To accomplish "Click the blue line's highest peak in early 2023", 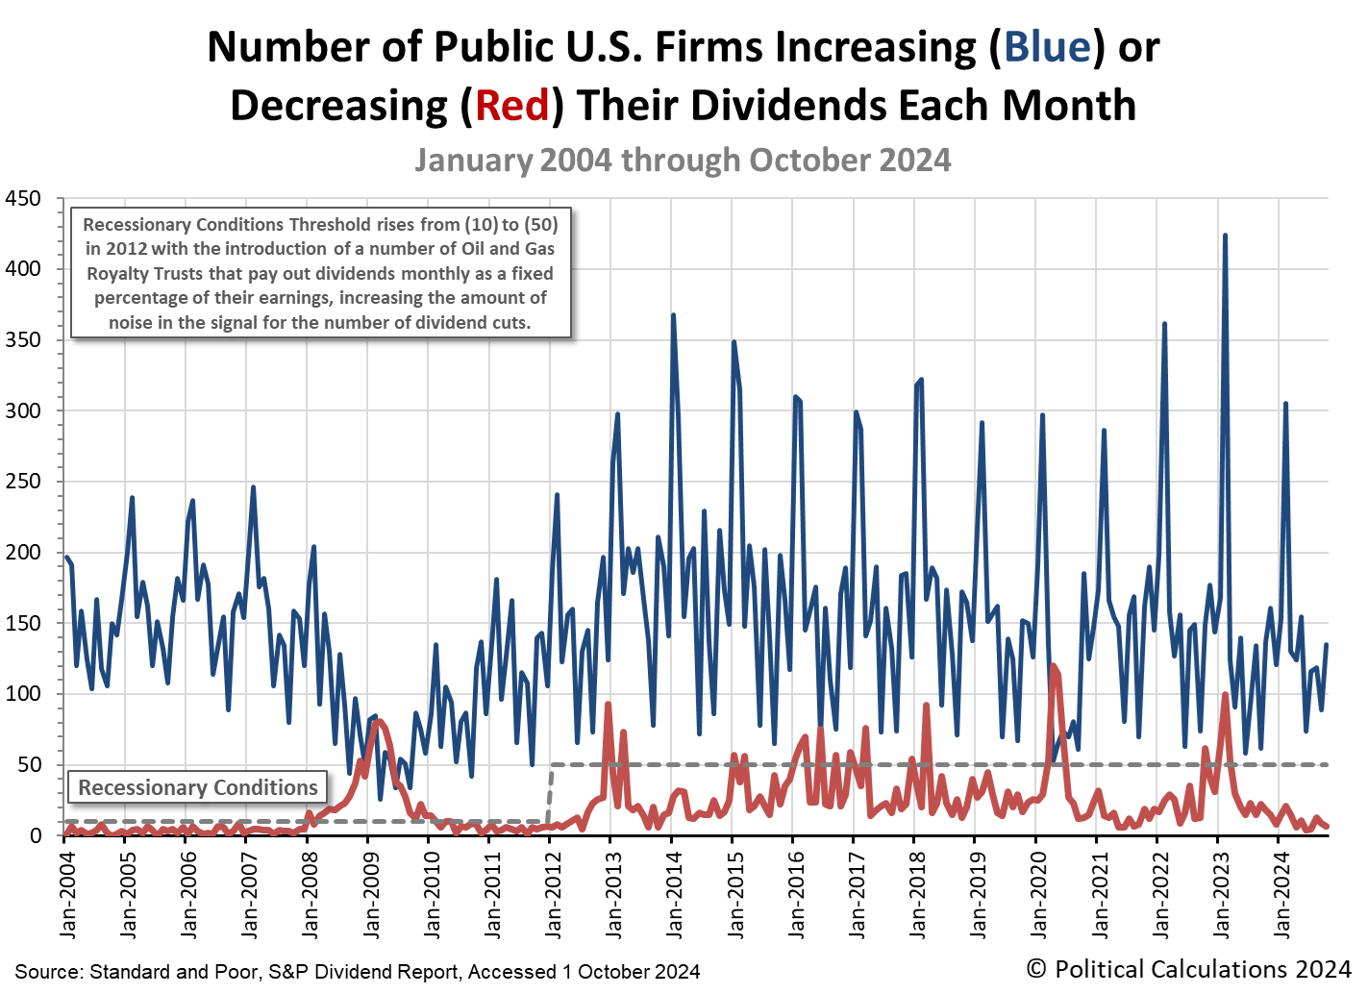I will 1224,236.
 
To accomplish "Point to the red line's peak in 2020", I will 1054,666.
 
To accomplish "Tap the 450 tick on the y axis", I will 23,199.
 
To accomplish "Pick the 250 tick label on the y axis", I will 23,482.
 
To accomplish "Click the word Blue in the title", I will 1047,46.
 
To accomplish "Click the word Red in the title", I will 512,105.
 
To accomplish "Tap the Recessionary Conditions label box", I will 198,787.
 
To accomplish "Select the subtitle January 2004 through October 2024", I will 683,160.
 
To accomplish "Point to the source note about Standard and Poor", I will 358,971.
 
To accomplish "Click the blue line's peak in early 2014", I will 673,315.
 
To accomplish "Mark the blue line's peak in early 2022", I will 1164,324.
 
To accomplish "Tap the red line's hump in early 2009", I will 378,721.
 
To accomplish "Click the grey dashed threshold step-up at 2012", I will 550,793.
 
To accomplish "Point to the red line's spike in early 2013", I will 609,705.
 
